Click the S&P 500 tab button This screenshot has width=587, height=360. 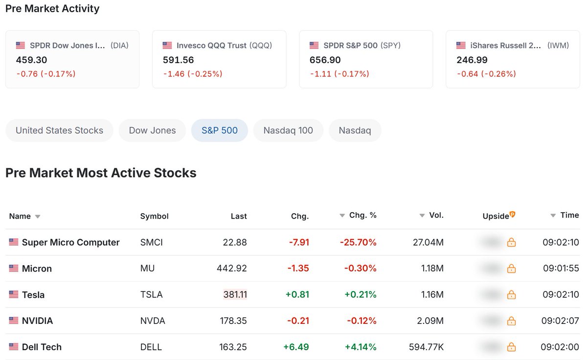pyautogui.click(x=220, y=131)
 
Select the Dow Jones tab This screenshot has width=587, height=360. pyautogui.click(x=152, y=131)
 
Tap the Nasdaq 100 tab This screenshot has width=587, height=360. pyautogui.click(x=288, y=131)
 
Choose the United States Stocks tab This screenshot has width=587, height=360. pyautogui.click(x=59, y=131)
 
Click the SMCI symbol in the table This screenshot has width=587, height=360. pyautogui.click(x=152, y=243)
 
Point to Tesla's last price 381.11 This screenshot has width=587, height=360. pyautogui.click(x=235, y=295)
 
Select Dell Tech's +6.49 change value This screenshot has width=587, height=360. pyautogui.click(x=296, y=347)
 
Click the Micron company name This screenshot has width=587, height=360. pyautogui.click(x=37, y=269)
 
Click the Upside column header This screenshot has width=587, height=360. pyautogui.click(x=496, y=216)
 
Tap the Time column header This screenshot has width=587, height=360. pyautogui.click(x=569, y=215)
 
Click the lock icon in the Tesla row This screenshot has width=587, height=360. pyautogui.click(x=511, y=295)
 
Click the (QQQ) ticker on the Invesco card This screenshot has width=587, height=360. pyautogui.click(x=261, y=45)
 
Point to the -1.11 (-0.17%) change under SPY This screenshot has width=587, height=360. pyautogui.click(x=339, y=74)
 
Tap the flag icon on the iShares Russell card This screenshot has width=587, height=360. pyautogui.click(x=461, y=45)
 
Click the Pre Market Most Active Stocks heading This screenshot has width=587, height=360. pyautogui.click(x=101, y=173)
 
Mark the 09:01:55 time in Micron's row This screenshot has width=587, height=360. pyautogui.click(x=561, y=269)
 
